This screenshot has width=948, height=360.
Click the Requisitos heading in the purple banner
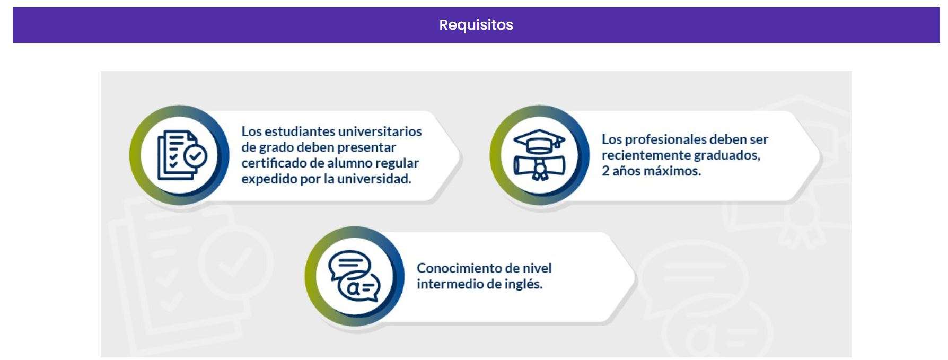[x=476, y=25]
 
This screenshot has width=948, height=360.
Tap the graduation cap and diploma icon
[x=539, y=155]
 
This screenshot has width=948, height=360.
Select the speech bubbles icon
[x=354, y=276]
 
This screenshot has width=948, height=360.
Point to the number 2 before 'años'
[x=605, y=171]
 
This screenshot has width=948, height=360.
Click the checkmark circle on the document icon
[x=195, y=156]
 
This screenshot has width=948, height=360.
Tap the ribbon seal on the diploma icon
[x=540, y=171]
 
